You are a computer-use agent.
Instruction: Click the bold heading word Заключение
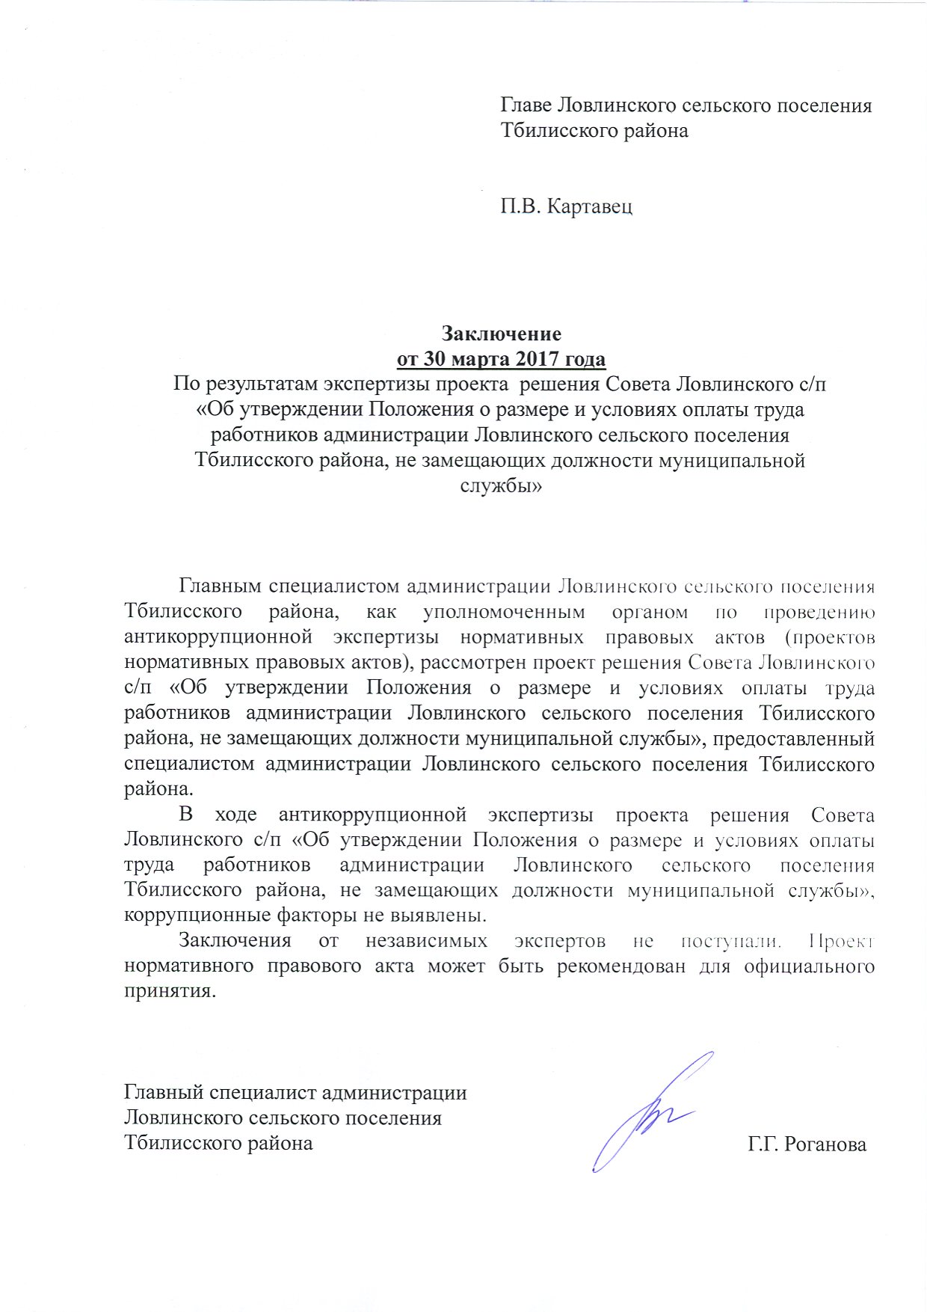501,333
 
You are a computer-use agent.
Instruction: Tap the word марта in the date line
478,359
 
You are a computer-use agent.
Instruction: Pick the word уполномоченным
504,612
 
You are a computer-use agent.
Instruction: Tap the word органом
649,612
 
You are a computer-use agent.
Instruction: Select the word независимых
426,941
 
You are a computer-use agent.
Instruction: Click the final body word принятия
168,992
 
